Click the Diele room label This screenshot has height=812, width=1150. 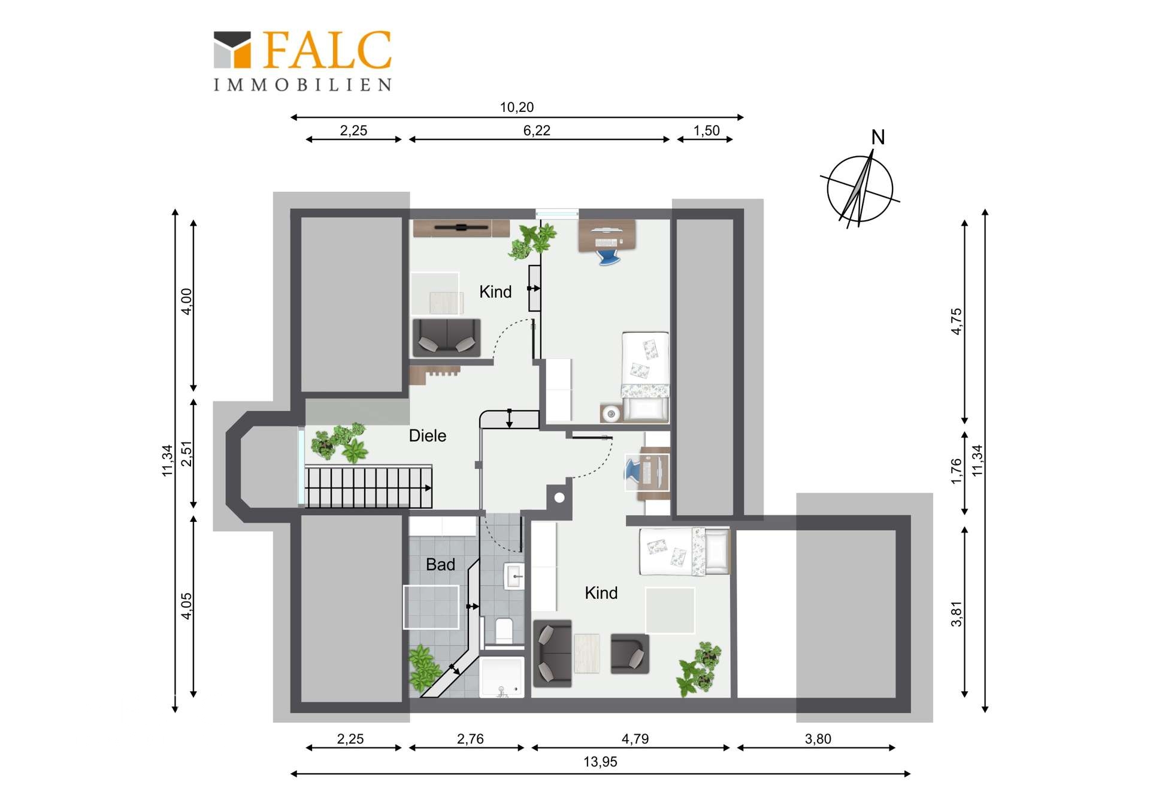(427, 436)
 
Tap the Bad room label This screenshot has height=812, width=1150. (440, 564)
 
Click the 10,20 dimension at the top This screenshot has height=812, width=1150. (517, 107)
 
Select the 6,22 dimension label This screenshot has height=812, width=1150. (537, 130)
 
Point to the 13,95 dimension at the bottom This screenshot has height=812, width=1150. (600, 762)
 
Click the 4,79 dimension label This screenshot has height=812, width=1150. (635, 739)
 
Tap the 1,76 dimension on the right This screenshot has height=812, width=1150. (957, 471)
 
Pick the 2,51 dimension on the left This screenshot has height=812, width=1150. (187, 454)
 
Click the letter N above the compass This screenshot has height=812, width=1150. (878, 138)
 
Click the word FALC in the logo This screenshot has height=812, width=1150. (327, 50)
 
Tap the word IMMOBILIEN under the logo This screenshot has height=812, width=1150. (302, 85)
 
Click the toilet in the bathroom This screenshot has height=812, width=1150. (504, 630)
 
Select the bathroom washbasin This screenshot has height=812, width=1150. (514, 576)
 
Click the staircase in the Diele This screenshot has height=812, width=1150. (368, 486)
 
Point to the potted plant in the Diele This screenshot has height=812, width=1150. (339, 442)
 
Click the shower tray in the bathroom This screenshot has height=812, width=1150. (502, 677)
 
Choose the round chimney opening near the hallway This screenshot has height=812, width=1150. (559, 497)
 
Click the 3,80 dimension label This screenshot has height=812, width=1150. (818, 739)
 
